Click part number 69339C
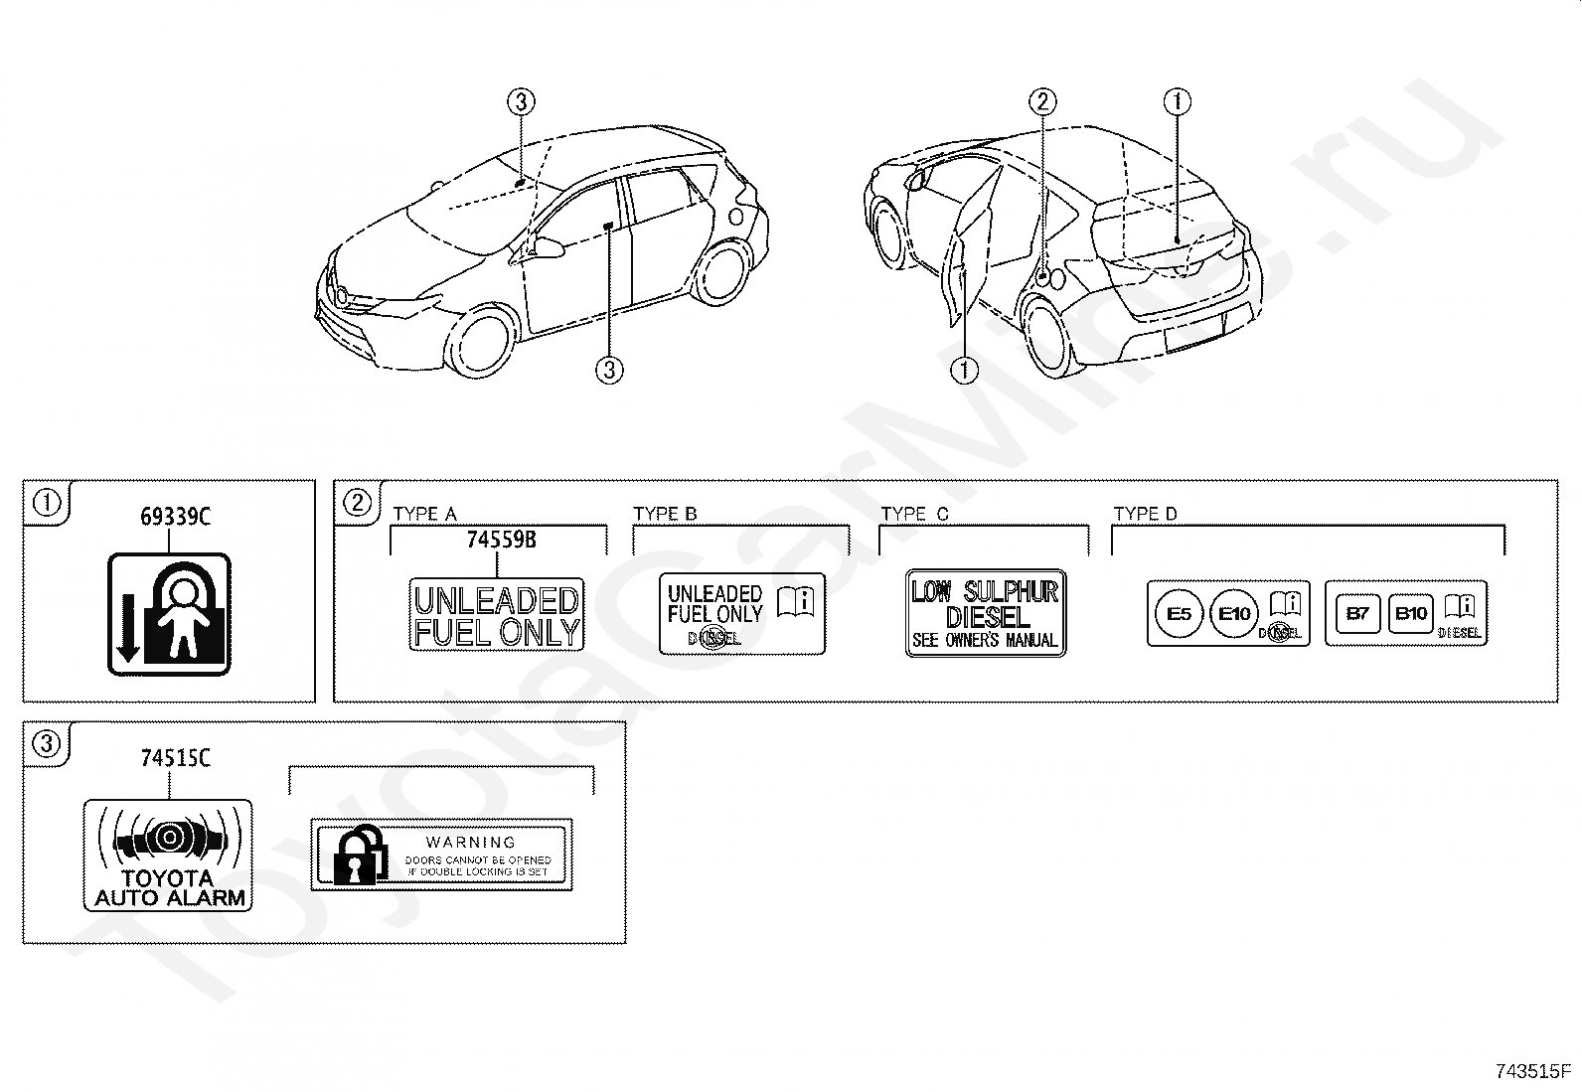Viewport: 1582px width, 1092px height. [174, 517]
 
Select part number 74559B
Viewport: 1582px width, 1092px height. [501, 540]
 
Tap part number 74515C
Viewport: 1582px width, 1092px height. [174, 758]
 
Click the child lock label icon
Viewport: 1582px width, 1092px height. [169, 614]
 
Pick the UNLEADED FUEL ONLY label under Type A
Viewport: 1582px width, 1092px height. [496, 615]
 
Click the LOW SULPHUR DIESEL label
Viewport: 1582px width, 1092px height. [985, 613]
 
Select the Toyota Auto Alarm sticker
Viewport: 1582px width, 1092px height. [167, 855]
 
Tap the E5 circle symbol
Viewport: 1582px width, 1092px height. [1179, 613]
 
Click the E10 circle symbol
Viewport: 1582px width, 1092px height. [1234, 613]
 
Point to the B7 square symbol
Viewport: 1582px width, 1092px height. [1356, 613]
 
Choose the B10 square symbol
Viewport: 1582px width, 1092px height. [1411, 613]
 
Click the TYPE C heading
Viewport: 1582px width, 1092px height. [914, 514]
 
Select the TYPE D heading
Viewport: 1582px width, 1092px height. [1145, 514]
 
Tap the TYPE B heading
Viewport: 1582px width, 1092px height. [665, 514]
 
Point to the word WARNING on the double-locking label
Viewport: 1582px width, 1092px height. [471, 842]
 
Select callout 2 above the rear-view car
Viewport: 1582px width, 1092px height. [1041, 100]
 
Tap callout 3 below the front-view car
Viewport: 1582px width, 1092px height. [609, 371]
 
